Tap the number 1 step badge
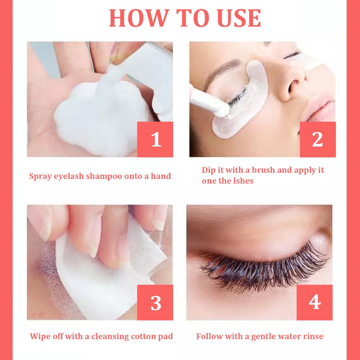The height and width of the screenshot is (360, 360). coord(155,139)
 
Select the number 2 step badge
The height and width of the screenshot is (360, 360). coord(318,139)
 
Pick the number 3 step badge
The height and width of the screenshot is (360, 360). coord(155,303)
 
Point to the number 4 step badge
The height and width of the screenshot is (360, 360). coord(315,303)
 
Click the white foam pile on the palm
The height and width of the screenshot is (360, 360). coord(101,117)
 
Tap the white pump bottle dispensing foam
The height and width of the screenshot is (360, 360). coord(147,76)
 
